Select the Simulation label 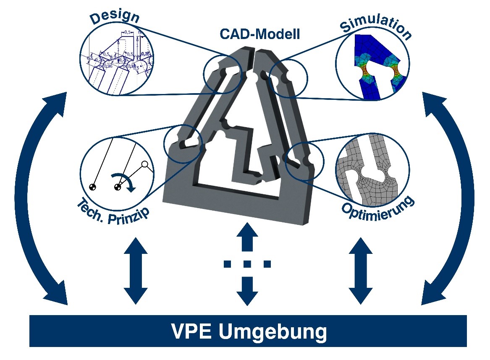click(x=375, y=26)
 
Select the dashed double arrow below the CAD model click(x=247, y=264)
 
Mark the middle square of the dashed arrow click(x=247, y=264)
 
